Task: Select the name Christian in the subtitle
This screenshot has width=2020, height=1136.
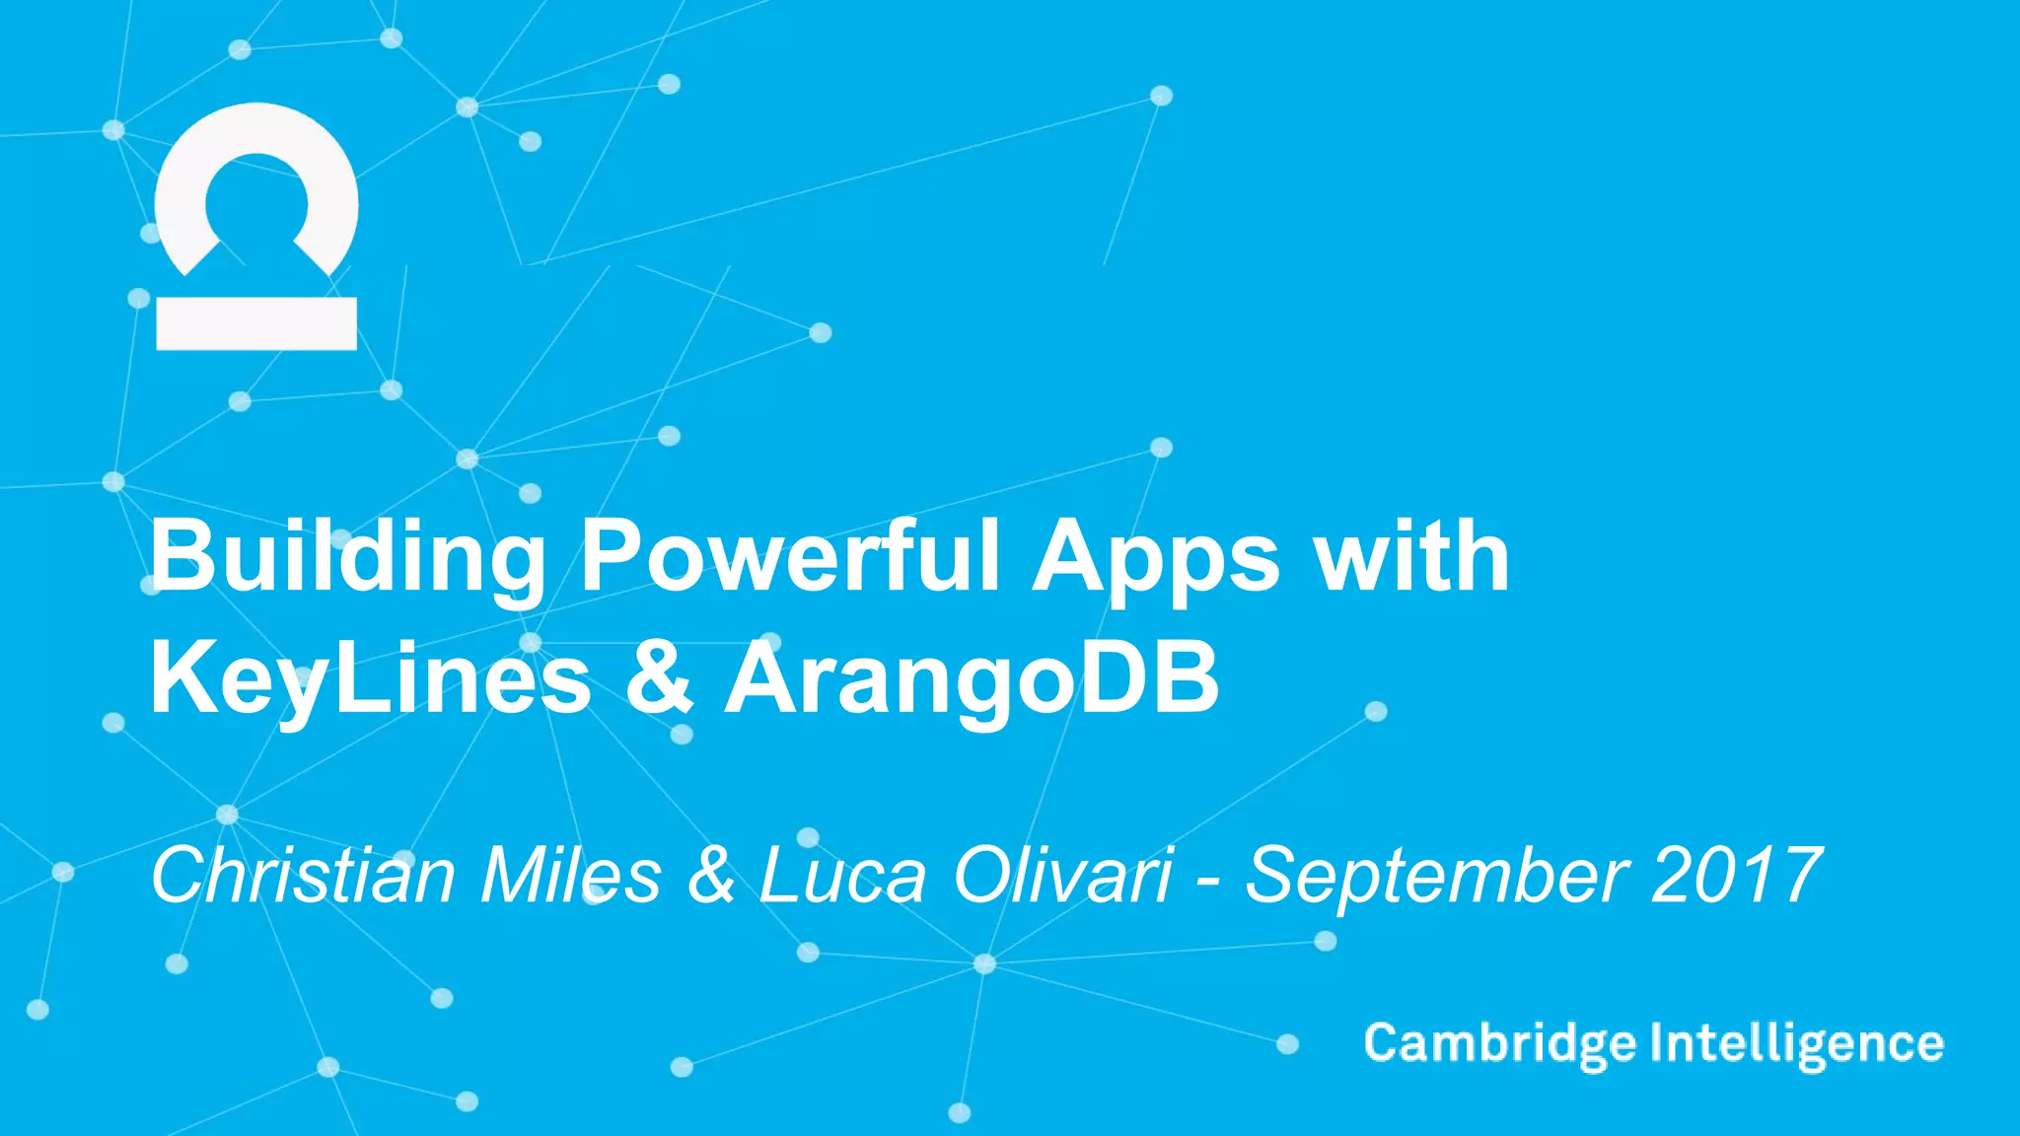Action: (302, 875)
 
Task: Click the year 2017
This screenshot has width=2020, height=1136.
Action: (1735, 875)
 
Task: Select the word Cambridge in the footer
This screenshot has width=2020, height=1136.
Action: (1499, 1044)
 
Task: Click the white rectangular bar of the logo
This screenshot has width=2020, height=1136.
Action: (256, 323)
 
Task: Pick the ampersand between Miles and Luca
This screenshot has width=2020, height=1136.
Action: (711, 875)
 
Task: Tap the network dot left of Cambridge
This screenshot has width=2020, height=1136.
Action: (1287, 1044)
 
